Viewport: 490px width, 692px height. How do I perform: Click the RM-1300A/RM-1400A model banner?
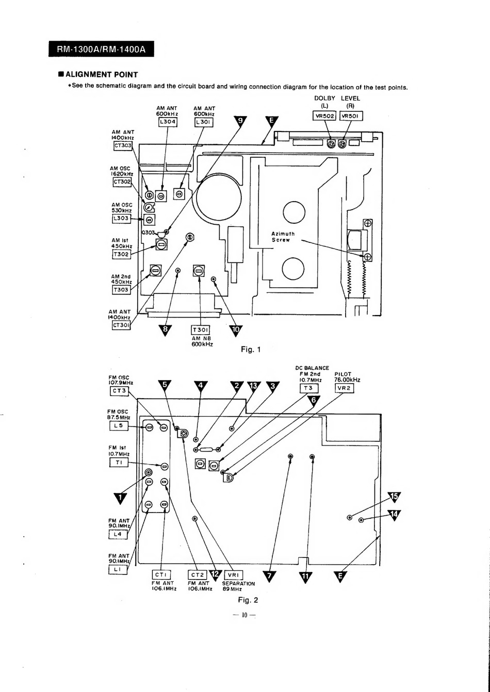coord(101,49)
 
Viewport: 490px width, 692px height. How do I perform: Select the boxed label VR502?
coord(324,116)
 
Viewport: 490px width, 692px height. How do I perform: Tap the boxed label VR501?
coord(351,116)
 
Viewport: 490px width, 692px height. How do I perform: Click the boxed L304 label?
coord(168,122)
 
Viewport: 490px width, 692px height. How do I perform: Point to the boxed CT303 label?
coord(123,145)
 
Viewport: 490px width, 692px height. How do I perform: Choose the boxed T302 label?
coord(121,254)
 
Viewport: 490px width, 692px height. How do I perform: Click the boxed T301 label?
coord(201,330)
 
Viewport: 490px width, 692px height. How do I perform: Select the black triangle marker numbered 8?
coord(165,329)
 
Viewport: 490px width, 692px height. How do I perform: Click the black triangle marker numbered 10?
coord(236,329)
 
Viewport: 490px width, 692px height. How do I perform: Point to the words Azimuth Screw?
coord(283,237)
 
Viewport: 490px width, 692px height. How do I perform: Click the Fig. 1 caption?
coord(251,350)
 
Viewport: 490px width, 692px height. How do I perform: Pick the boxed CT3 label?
coord(119,391)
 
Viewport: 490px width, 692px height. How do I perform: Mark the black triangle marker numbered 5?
coord(165,385)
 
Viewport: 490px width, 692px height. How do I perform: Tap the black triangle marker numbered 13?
coord(254,386)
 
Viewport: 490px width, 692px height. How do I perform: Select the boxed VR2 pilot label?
coord(344,388)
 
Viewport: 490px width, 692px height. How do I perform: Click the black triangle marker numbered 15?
coord(395,497)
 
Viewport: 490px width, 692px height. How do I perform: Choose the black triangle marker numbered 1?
coord(121,498)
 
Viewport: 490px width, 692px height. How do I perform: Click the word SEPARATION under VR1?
coord(238,584)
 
